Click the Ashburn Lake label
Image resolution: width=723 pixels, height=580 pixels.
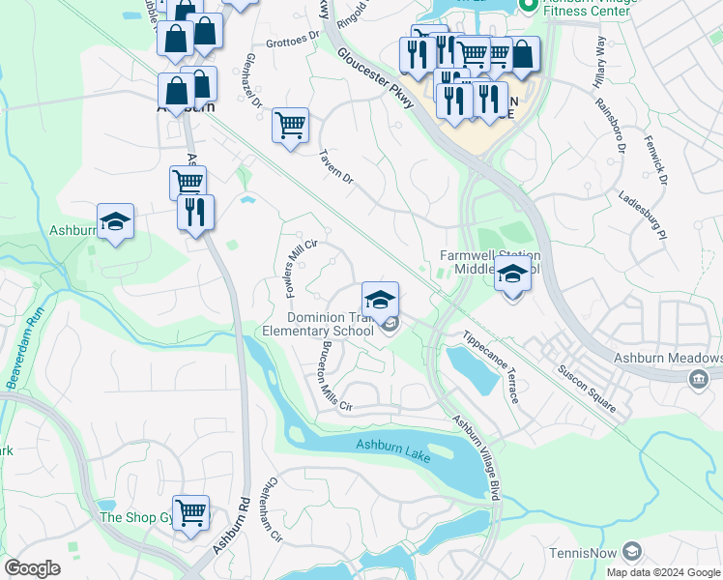(391, 446)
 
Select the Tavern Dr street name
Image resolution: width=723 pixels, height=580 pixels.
(335, 168)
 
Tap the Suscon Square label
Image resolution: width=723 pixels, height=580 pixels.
(586, 388)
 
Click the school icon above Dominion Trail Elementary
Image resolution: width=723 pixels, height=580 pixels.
(381, 297)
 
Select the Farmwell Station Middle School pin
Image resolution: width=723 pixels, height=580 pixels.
(512, 275)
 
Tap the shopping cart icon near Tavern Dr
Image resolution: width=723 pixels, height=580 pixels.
(290, 125)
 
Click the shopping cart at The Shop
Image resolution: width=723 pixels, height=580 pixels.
(190, 511)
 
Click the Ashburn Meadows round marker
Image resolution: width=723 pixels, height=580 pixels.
(696, 380)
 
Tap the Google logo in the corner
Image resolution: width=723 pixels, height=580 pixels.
(32, 568)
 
